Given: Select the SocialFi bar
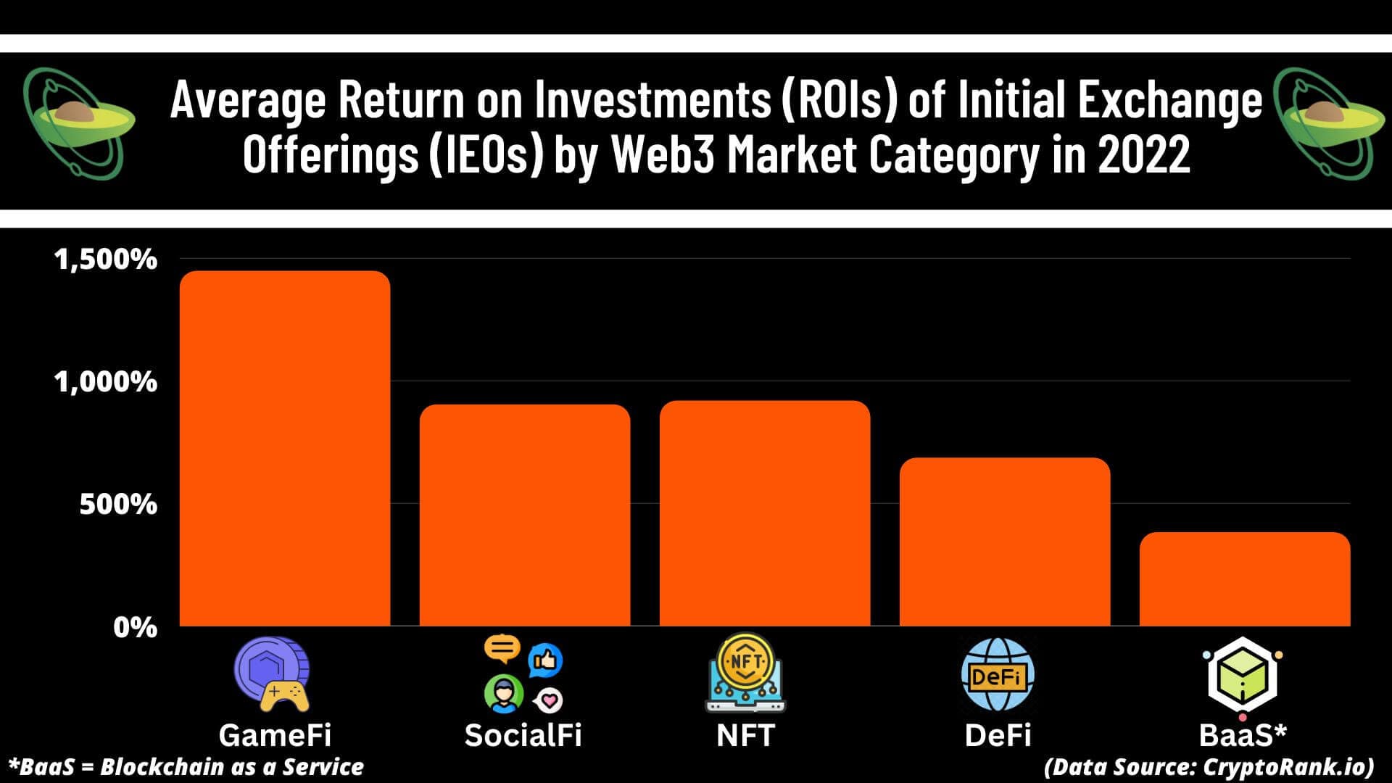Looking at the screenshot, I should (x=524, y=515).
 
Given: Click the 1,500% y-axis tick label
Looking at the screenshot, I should (x=106, y=260).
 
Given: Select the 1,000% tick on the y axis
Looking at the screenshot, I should (x=106, y=382).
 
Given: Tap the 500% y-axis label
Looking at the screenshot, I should (x=117, y=504).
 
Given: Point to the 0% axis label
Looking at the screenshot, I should (x=135, y=627).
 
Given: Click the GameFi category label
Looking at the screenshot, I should (x=275, y=735).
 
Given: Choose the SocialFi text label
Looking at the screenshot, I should (x=523, y=735).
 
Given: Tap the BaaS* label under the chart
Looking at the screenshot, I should (x=1243, y=735).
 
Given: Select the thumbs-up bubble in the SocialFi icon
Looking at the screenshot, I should (x=545, y=660).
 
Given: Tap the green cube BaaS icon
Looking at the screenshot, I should (x=1242, y=676).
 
